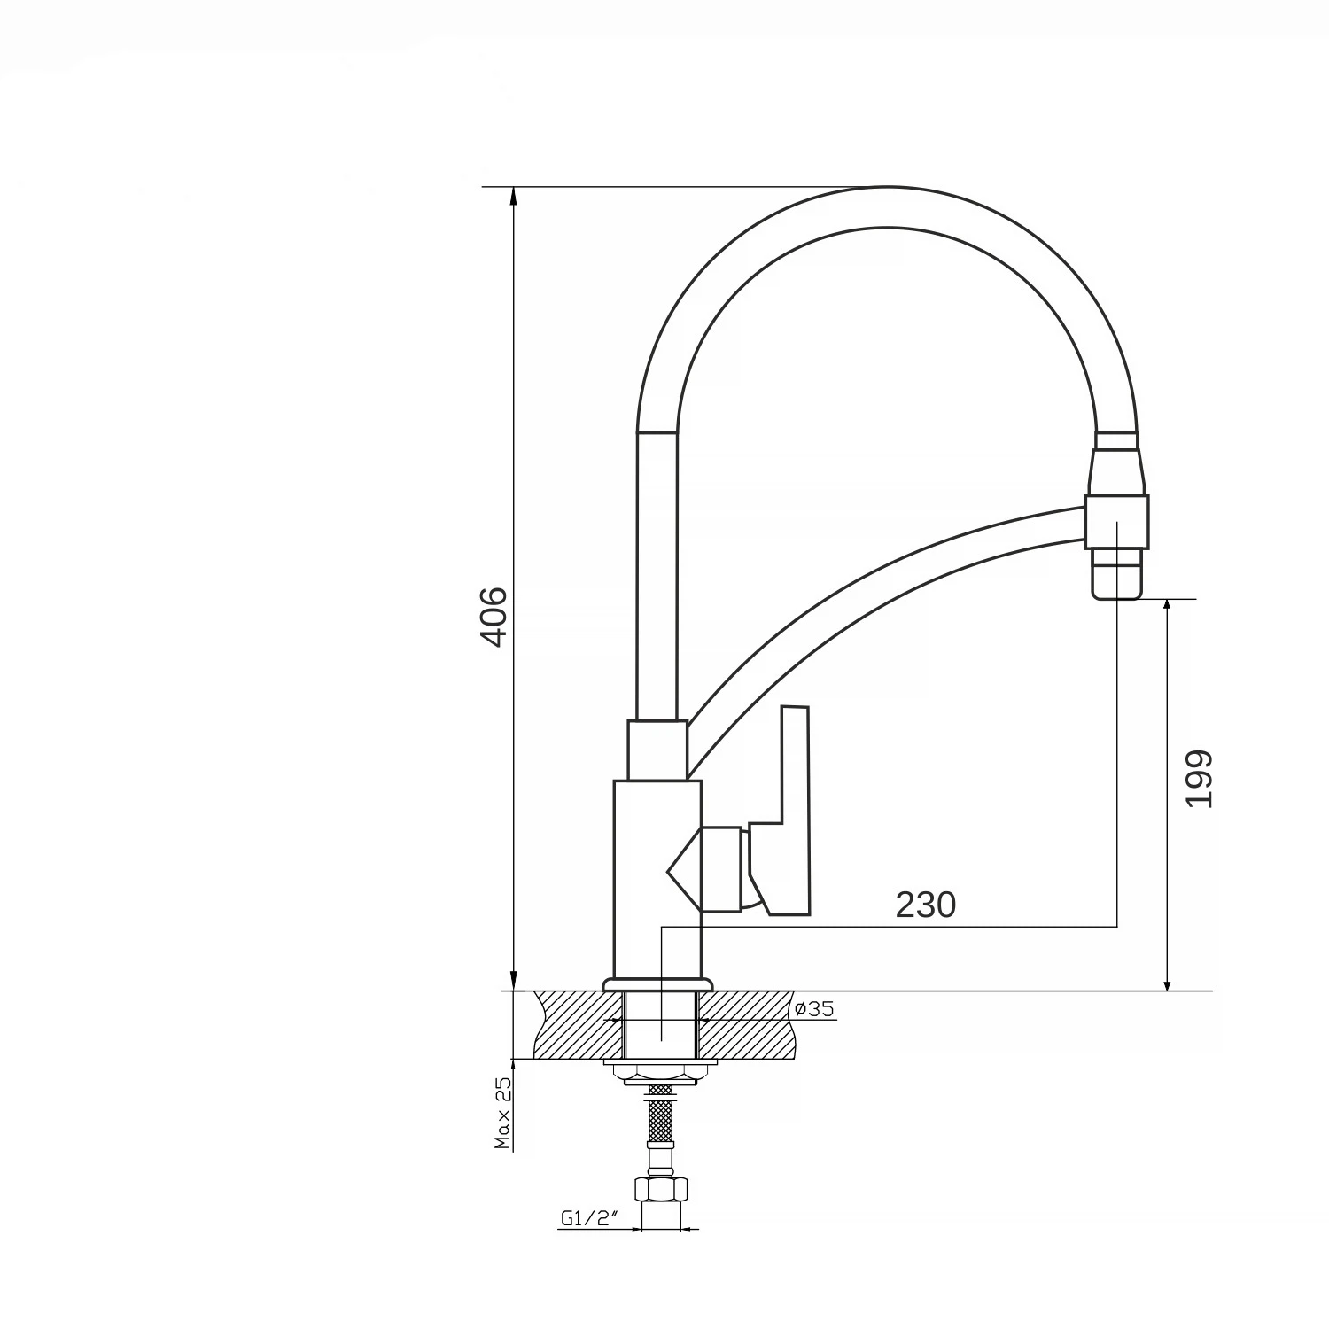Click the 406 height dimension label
tap(493, 617)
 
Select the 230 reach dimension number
tap(926, 905)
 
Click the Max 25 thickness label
tap(503, 1113)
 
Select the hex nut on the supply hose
tap(660, 1189)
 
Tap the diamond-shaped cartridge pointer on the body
tap(684, 869)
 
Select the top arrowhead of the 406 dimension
tap(513, 198)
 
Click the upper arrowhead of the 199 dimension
tap(1167, 609)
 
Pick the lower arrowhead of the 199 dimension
tap(1167, 980)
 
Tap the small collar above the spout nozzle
tap(1116, 441)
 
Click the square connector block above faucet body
tap(657, 750)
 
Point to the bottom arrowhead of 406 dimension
tap(513, 980)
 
